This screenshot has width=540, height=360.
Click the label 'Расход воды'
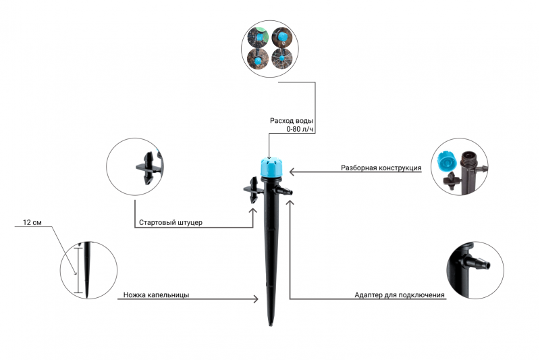click(292, 121)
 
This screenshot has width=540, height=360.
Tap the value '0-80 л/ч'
click(300, 129)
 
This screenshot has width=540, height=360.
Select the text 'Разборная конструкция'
click(381, 168)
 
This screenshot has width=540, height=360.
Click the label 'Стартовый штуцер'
click(171, 222)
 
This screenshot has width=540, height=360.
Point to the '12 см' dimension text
click(32, 222)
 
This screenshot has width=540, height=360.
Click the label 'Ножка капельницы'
click(156, 295)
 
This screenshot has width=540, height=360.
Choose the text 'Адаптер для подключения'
click(400, 295)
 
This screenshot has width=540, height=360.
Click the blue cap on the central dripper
click(271, 168)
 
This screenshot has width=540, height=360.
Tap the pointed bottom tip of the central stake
click(271, 324)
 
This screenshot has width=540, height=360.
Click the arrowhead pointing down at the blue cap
click(269, 156)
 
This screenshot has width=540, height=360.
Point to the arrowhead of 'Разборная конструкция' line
click(292, 172)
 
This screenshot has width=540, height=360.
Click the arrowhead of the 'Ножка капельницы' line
click(256, 299)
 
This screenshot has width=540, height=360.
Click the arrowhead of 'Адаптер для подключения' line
click(290, 203)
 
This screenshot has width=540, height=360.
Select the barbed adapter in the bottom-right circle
click(478, 263)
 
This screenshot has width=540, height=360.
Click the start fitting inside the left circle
click(148, 168)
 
